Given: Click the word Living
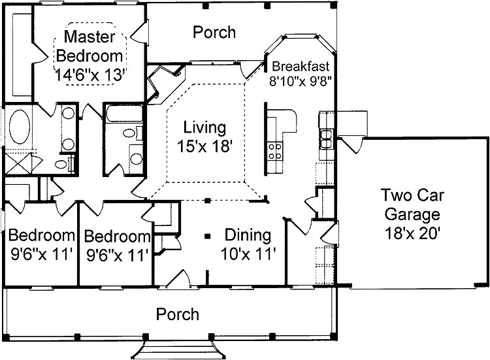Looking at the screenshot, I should click(x=204, y=127).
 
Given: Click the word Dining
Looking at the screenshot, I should click(x=248, y=235).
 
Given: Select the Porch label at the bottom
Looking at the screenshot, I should click(x=178, y=315).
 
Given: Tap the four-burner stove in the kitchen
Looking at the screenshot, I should click(x=275, y=151).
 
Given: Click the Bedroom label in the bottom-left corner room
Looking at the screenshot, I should click(x=41, y=235).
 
